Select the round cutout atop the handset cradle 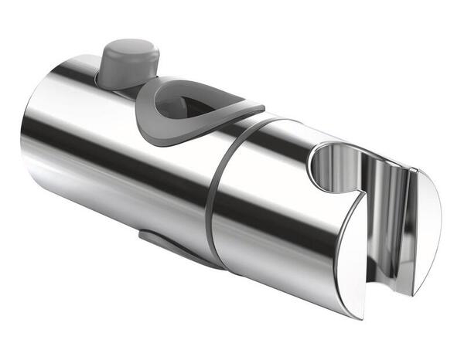click(x=333, y=166)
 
